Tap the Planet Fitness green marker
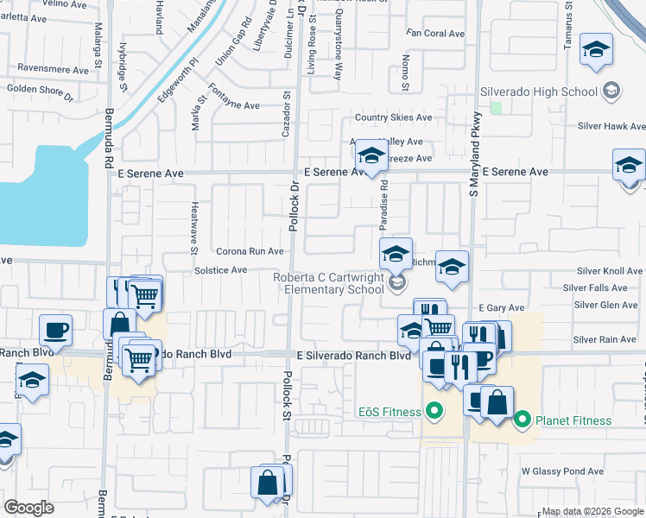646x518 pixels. point(522,420)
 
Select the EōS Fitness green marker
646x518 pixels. point(434,412)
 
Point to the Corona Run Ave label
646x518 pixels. point(250,251)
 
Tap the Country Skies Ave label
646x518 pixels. point(393,118)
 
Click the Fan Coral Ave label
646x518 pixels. point(436,34)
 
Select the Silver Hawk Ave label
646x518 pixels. point(613,126)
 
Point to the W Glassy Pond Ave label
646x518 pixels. point(562,471)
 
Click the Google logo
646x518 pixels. point(29,508)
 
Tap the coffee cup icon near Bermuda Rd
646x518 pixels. point(55,328)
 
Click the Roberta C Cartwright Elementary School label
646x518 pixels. point(328,283)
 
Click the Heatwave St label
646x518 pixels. point(194,228)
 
